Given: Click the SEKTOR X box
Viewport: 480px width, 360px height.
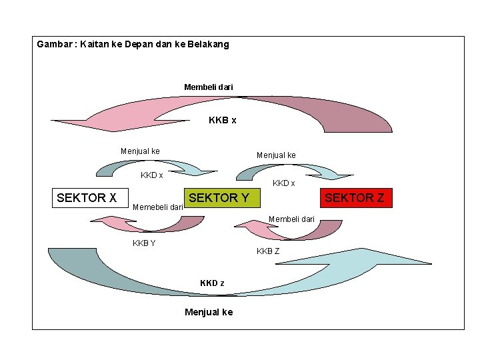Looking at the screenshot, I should pos(87,197).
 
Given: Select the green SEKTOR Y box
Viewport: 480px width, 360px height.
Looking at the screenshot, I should pos(220,197).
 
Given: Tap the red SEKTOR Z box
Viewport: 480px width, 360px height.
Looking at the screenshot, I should pos(354,197).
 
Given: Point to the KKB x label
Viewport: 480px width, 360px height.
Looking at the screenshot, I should pos(222,121).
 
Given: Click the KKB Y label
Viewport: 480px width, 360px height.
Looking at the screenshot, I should pos(144,243).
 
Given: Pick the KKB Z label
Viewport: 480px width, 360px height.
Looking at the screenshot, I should pos(268,251).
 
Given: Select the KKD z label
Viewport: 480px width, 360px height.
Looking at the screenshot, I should pos(212,283).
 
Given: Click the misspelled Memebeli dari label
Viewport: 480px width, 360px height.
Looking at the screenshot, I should pos(158,207).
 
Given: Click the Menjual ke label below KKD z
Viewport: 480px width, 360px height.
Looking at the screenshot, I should pos(209,312).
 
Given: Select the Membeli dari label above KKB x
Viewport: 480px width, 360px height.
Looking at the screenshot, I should pos(209,87).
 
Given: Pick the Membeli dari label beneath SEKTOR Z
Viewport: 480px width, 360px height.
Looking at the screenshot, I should pos(291,219).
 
